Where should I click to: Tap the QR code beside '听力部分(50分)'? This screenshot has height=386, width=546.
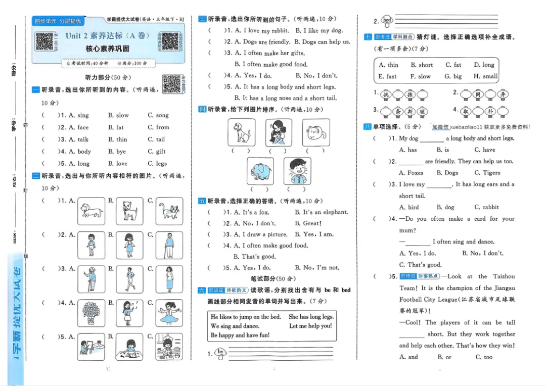[172, 83]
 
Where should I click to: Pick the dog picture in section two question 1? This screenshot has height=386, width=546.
[91, 211]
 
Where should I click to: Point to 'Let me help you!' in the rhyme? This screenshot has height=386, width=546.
[310, 326]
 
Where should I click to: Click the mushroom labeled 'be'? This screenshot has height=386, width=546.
[220, 353]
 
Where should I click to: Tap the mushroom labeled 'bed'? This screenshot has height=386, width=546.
[387, 21]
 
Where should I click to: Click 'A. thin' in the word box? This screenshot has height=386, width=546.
[388, 65]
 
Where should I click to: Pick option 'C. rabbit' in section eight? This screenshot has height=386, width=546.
[486, 207]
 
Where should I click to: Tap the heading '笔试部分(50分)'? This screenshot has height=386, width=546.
[274, 279]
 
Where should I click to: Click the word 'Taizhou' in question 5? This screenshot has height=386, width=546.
[504, 276]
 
